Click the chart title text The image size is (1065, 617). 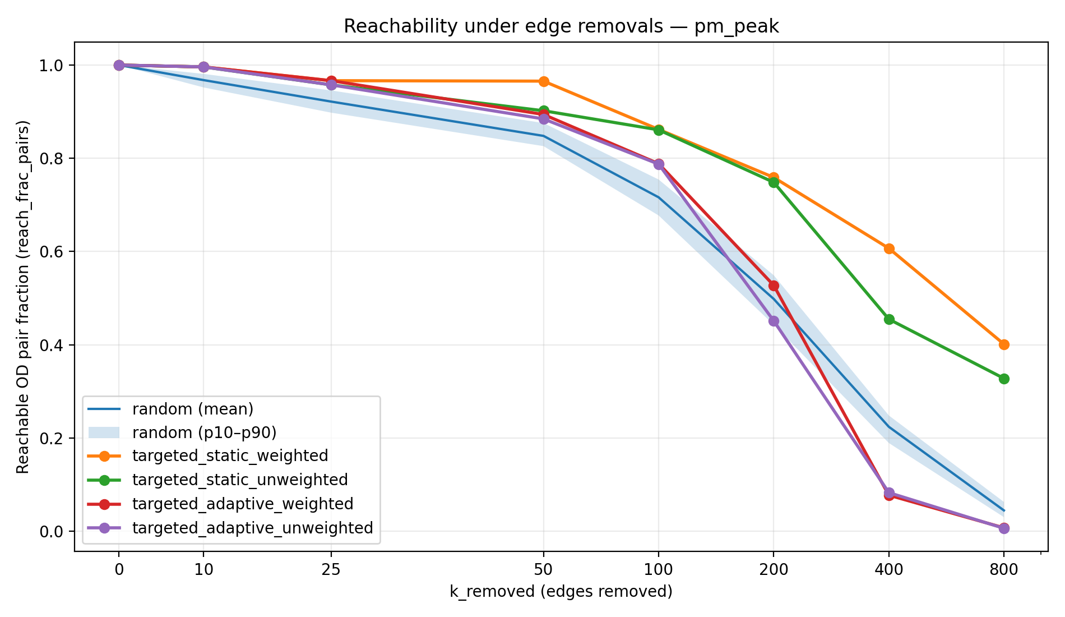[x=561, y=26]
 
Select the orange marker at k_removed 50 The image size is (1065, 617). [x=543, y=81]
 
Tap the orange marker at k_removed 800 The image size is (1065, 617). [x=1004, y=344]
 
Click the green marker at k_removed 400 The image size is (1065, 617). [x=889, y=319]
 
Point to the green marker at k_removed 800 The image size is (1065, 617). [x=1004, y=379]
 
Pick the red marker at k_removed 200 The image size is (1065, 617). [x=774, y=286]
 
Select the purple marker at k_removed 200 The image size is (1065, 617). [x=774, y=321]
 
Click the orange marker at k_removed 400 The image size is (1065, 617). [x=889, y=248]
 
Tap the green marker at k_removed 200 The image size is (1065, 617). [x=774, y=182]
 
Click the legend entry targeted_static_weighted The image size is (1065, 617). [x=230, y=455]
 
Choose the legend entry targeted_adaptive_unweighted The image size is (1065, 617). [x=252, y=528]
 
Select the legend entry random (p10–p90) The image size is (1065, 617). [x=204, y=432]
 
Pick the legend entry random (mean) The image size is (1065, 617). [x=192, y=409]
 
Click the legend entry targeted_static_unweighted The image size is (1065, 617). [x=240, y=480]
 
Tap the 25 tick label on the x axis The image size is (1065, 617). [x=331, y=570]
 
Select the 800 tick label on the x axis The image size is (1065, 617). [x=1004, y=570]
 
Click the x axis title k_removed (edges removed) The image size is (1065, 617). [x=561, y=591]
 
